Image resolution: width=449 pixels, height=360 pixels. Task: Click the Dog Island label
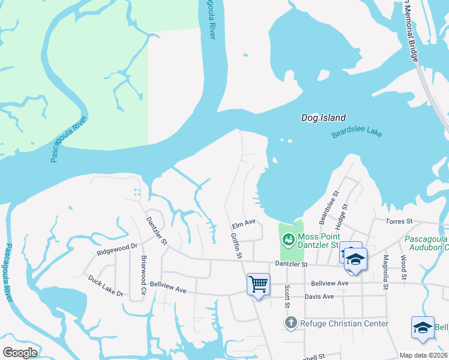pos(323,118)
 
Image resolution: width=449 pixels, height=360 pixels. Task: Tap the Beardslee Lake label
pos(357,133)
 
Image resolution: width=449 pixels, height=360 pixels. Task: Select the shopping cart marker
pos(258,284)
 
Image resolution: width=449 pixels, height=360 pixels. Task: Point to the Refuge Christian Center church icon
pos(291,323)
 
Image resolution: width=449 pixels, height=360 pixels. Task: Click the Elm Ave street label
pos(244,223)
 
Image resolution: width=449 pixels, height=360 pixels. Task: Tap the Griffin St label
pos(236,246)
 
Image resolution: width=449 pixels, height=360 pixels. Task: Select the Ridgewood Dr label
pos(117,247)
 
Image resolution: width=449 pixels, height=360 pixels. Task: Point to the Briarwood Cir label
pos(143,272)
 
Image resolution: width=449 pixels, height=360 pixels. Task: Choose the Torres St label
pos(399,221)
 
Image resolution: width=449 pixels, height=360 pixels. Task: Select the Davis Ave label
pos(319,296)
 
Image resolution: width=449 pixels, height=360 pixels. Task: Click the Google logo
pos(20,353)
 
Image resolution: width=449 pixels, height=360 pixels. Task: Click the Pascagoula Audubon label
pos(426,242)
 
